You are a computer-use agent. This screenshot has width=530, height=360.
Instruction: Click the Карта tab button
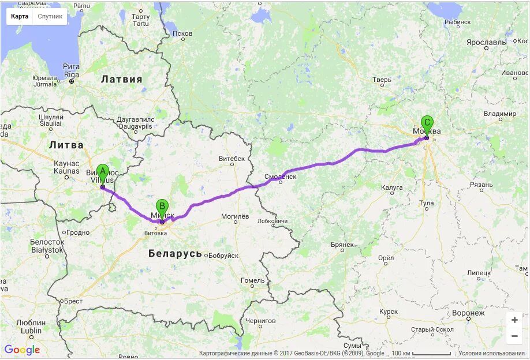[x=20, y=16]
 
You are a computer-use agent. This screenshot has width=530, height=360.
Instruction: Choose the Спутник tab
[x=50, y=16]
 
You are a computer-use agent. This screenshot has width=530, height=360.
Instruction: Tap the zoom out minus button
[x=514, y=336]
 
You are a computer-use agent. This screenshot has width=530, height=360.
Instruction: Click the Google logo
[x=22, y=350]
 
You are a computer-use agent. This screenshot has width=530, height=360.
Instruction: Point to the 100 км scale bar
[x=421, y=353]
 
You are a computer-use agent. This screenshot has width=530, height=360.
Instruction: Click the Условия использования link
[x=491, y=353]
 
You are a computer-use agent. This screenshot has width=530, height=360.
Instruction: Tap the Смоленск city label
[x=280, y=177]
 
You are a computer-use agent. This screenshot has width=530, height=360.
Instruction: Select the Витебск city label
[x=232, y=159]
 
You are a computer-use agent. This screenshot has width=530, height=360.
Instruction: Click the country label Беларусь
[x=175, y=253]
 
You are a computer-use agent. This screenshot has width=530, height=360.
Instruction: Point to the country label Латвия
[x=121, y=79]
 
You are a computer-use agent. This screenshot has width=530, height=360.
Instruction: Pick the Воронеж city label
[x=468, y=313]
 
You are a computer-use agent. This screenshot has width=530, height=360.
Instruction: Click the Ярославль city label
[x=486, y=43]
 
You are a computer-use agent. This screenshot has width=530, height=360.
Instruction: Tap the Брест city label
[x=73, y=301]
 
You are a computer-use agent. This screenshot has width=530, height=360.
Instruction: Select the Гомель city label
[x=252, y=280]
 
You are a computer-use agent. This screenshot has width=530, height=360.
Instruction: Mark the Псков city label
[x=182, y=33]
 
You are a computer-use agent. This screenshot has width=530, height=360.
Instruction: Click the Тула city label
[x=427, y=203]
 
